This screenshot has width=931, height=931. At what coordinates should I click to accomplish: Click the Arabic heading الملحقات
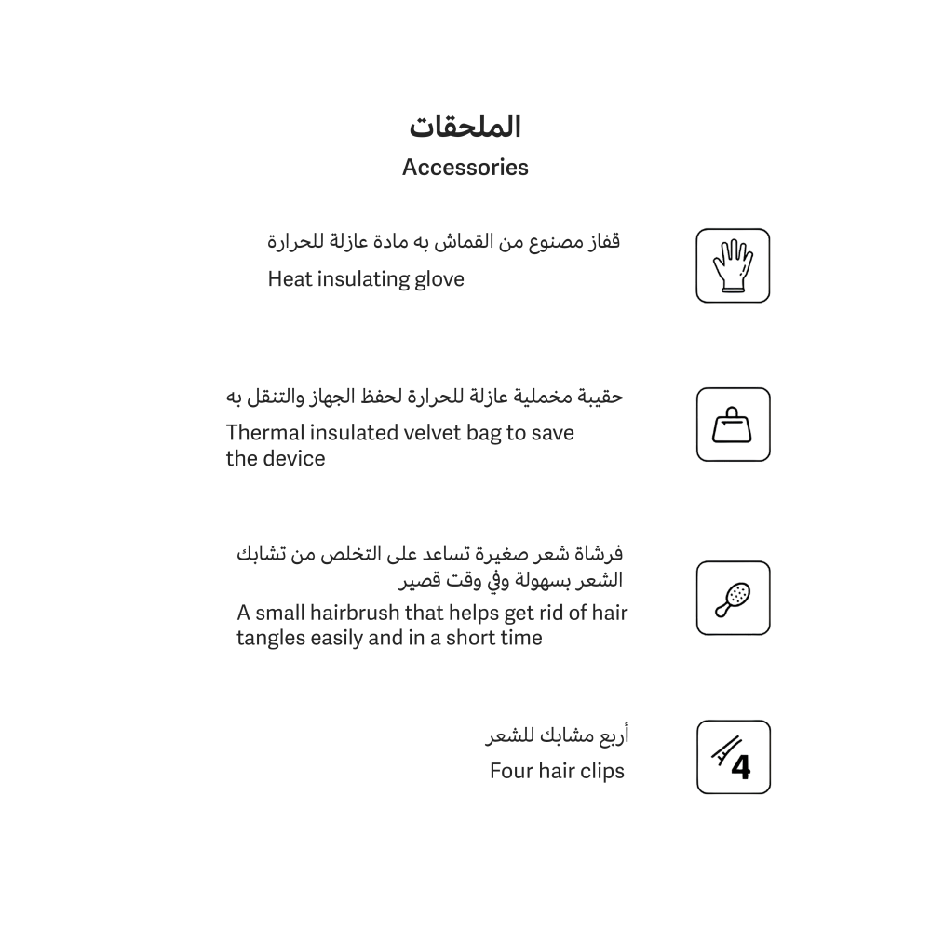(x=465, y=126)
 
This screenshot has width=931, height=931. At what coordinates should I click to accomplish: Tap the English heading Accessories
(x=465, y=168)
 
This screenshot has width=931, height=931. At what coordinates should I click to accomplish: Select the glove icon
(x=733, y=265)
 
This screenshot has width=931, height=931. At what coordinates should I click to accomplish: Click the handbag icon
(x=733, y=425)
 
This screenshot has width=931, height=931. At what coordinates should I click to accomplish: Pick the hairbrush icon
(x=733, y=598)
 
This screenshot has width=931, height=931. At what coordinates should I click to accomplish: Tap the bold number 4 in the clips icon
(x=741, y=766)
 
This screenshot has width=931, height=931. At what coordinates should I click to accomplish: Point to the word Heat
(x=290, y=279)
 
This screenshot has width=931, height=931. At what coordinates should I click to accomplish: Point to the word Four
(x=511, y=771)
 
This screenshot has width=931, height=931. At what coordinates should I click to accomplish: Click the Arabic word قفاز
(x=603, y=241)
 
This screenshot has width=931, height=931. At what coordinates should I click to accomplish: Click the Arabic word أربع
(x=612, y=736)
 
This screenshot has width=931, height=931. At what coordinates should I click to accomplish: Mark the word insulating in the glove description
(x=357, y=279)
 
